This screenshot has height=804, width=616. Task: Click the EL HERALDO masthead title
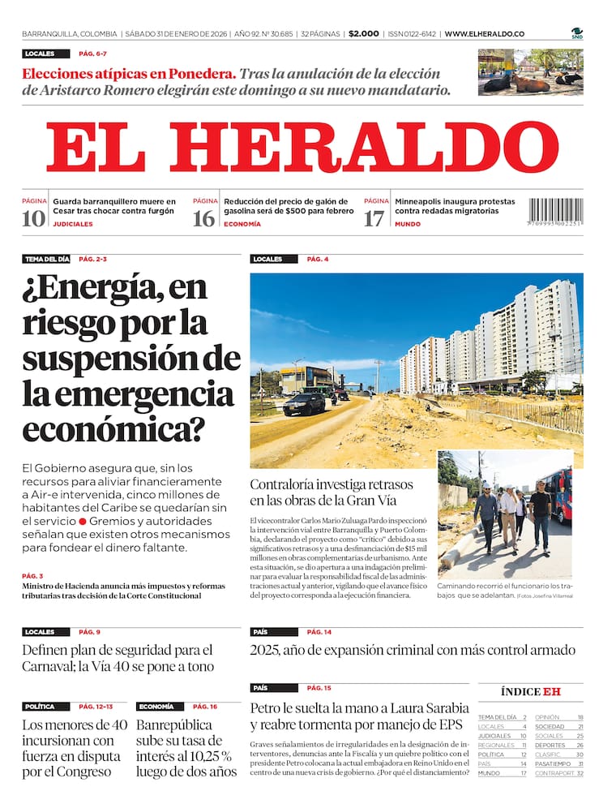click(302, 148)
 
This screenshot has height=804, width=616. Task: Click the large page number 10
click(34, 218)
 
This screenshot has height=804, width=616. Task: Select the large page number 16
click(204, 218)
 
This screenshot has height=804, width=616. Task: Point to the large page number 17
click(374, 218)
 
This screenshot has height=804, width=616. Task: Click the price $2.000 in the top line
click(364, 34)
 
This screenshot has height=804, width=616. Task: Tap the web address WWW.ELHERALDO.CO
click(485, 34)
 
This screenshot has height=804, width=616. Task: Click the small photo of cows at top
click(530, 71)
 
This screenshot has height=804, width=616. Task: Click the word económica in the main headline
click(113, 428)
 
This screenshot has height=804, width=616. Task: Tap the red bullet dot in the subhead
click(83, 521)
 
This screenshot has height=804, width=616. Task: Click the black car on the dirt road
click(305, 403)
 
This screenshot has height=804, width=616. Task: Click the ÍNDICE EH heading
click(531, 691)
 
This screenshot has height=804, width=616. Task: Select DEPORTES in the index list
click(550, 745)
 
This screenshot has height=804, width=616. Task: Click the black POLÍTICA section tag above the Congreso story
click(40, 707)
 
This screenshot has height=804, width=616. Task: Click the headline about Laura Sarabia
click(359, 716)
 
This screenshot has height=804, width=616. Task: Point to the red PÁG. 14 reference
click(319, 632)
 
